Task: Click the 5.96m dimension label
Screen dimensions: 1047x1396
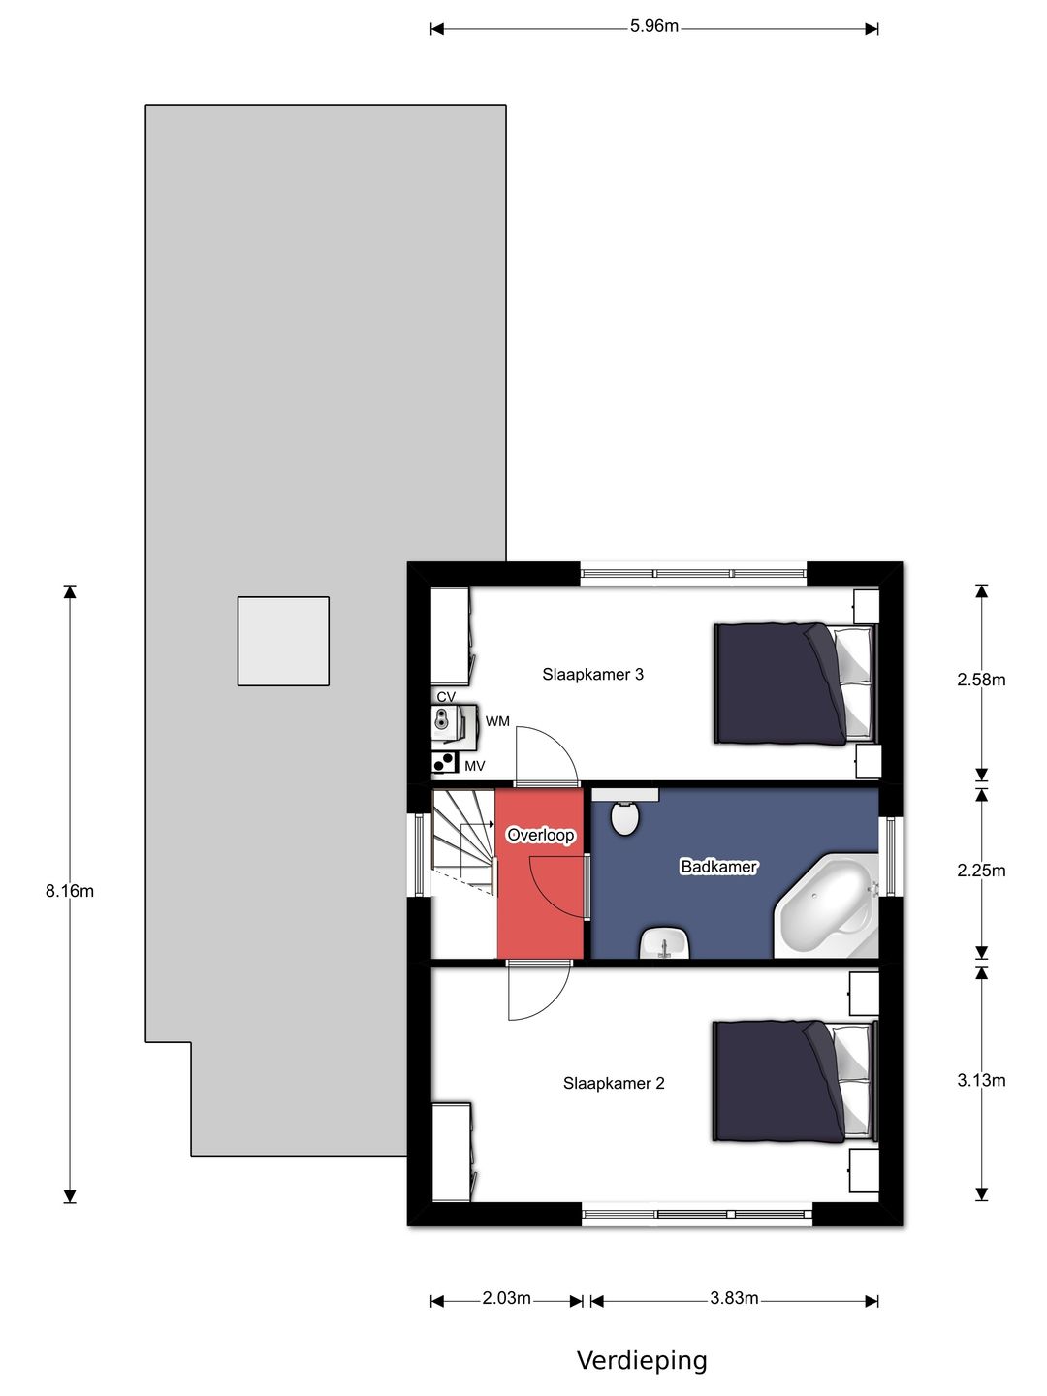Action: click(654, 27)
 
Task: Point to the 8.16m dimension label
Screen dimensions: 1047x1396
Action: click(69, 891)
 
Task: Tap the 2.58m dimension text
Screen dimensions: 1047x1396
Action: click(981, 680)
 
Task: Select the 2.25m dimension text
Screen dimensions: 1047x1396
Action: click(981, 871)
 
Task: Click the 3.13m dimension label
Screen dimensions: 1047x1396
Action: click(981, 1081)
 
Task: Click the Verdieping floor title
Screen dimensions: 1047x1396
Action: click(642, 1362)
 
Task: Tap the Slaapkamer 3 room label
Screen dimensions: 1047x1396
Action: click(592, 674)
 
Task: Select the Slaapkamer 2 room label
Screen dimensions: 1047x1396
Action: click(614, 1083)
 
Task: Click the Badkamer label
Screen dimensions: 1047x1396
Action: click(719, 867)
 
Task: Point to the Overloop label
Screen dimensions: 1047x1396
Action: click(540, 835)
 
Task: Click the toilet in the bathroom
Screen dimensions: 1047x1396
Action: click(625, 818)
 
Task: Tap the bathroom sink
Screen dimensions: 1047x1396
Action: click(665, 943)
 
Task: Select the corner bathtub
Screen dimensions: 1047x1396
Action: click(826, 906)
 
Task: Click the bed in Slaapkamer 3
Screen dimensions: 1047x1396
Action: click(796, 683)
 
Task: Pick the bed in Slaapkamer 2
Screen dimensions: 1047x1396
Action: click(795, 1081)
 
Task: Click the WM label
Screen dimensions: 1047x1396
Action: click(497, 722)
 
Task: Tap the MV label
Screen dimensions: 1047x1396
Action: click(475, 767)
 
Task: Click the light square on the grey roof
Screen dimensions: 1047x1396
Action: click(283, 641)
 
